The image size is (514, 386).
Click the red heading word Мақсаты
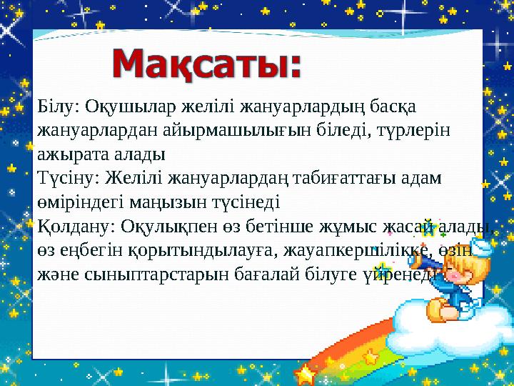(x=207, y=66)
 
